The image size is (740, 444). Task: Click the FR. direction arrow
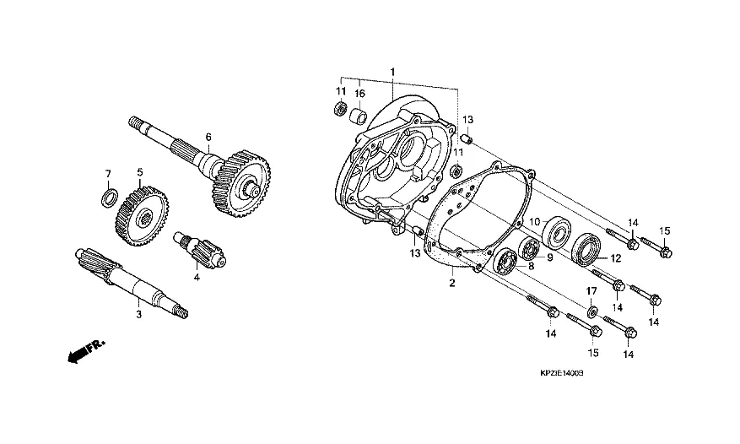point(86,351)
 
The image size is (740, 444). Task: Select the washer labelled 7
point(110,197)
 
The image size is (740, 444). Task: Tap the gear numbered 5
point(142,217)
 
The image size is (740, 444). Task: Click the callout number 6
point(208,137)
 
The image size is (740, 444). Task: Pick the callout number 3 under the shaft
point(138,315)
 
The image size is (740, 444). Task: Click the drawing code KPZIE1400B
point(562,373)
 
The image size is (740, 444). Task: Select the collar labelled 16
point(359,116)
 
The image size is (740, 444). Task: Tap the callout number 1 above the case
point(392,72)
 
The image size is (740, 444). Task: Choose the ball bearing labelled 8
point(507,260)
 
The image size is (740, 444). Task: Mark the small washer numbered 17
point(591,311)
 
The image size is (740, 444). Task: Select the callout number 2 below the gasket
point(452,283)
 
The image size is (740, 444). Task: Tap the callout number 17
point(591,291)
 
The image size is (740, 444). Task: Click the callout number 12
point(616,258)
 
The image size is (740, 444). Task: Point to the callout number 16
point(359,94)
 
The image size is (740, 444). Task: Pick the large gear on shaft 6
point(240,184)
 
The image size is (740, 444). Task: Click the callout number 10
point(534,222)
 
